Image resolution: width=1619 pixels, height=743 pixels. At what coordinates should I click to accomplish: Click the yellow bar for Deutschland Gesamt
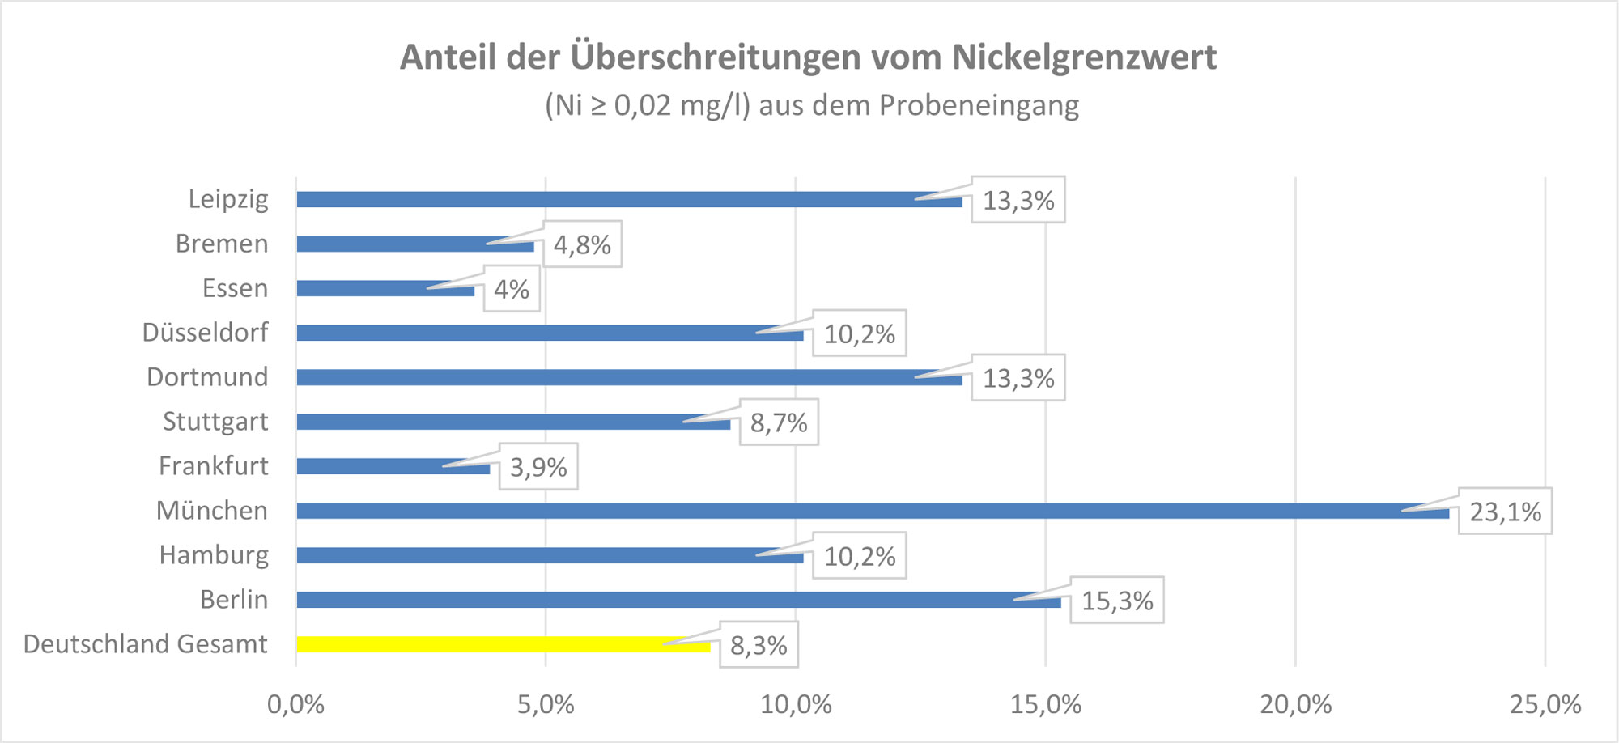click(503, 644)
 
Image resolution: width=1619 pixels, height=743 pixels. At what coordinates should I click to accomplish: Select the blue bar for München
click(873, 511)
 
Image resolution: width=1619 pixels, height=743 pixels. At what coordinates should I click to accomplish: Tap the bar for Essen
click(385, 288)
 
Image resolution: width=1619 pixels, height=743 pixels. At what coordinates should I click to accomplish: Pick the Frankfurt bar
click(393, 466)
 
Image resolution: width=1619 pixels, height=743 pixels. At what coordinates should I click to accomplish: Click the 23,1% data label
click(1505, 512)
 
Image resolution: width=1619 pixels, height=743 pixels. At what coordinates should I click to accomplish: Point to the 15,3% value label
click(1117, 601)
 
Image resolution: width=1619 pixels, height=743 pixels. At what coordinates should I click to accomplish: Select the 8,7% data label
click(779, 422)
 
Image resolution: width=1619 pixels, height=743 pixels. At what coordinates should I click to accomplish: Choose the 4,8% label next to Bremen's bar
click(582, 244)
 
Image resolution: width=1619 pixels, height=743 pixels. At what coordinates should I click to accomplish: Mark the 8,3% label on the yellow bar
click(759, 645)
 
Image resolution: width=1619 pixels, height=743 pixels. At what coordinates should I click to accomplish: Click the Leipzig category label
click(228, 199)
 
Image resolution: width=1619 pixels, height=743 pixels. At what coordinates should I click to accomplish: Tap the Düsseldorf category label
click(205, 333)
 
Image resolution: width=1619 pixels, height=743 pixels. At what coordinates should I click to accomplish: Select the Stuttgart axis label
click(215, 422)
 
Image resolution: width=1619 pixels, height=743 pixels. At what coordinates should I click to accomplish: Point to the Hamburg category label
click(214, 555)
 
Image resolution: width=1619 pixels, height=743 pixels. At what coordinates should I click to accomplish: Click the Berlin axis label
click(234, 600)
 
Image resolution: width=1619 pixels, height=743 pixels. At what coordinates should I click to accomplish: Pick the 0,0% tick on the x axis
click(295, 704)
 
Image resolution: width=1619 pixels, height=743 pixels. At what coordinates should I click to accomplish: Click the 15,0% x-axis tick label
click(1045, 704)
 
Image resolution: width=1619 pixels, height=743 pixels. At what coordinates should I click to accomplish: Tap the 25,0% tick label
click(1545, 704)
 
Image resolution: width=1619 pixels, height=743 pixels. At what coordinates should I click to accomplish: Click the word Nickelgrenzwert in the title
click(1084, 57)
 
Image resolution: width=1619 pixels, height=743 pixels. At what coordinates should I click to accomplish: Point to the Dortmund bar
click(629, 377)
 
